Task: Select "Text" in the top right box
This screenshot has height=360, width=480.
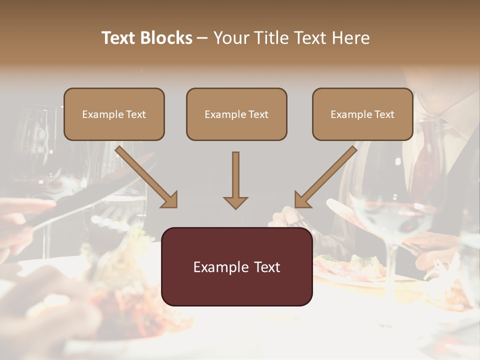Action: coord(384,114)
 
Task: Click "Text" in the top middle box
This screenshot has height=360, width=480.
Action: coord(258,114)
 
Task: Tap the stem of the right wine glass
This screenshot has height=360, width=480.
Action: coord(391,270)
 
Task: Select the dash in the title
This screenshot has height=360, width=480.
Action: coord(202,38)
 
